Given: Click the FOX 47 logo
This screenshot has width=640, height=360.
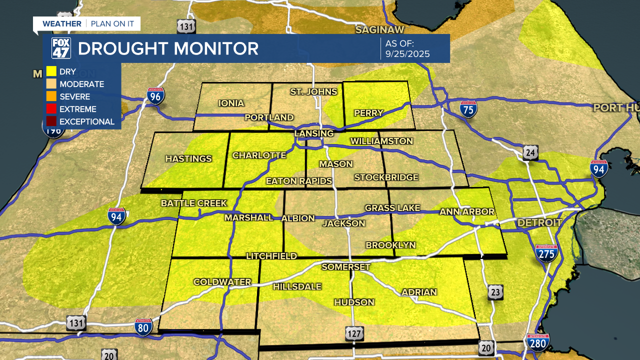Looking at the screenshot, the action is [61, 48].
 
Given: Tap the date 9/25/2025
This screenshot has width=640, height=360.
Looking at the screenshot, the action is [407, 54].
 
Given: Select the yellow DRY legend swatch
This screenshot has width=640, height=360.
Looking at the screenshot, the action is [51, 71].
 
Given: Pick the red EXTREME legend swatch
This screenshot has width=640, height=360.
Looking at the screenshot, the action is [51, 109].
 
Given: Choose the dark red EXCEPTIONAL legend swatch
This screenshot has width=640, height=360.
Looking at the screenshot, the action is [51, 121].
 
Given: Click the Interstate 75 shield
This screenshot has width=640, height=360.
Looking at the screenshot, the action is [468, 108].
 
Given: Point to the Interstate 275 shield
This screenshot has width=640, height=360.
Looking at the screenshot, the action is [546, 254].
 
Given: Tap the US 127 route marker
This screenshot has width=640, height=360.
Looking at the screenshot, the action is [354, 333].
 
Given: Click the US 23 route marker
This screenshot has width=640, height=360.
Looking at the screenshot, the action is [495, 292].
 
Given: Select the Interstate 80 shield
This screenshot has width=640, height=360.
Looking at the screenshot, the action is [143, 327].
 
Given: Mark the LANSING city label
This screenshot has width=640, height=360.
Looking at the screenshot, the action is [314, 133].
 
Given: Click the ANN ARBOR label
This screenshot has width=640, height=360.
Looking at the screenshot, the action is [467, 212].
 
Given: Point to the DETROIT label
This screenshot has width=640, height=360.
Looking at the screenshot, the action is [539, 222].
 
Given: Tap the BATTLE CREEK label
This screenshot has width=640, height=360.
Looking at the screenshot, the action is [194, 203].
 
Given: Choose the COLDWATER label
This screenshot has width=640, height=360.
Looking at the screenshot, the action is [222, 282].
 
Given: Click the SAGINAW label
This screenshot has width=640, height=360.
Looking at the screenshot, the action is [379, 30].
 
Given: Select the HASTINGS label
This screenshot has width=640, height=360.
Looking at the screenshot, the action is [188, 159].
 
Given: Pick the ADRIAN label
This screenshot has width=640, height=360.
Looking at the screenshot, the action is [419, 292].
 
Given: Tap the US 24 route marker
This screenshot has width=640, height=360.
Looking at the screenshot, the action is [530, 152].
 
